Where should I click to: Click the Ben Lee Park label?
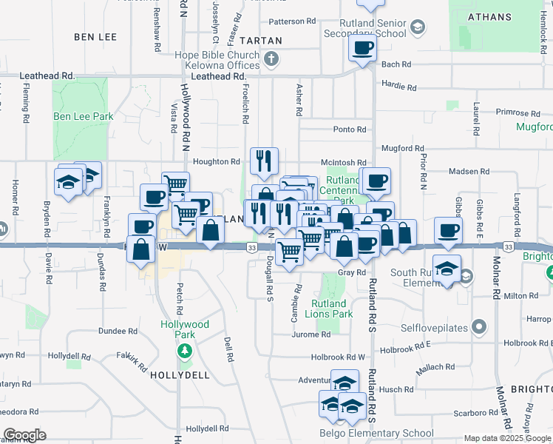click(83, 116)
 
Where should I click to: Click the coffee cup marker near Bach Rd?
click(362, 49)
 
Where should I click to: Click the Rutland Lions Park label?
click(328, 309)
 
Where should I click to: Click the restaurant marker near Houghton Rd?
click(264, 160)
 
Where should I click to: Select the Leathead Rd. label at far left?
click(48, 75)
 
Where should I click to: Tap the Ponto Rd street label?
click(350, 129)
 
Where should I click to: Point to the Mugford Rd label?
click(400, 148)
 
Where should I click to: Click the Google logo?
click(24, 435)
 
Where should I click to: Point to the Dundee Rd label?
click(119, 331)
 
